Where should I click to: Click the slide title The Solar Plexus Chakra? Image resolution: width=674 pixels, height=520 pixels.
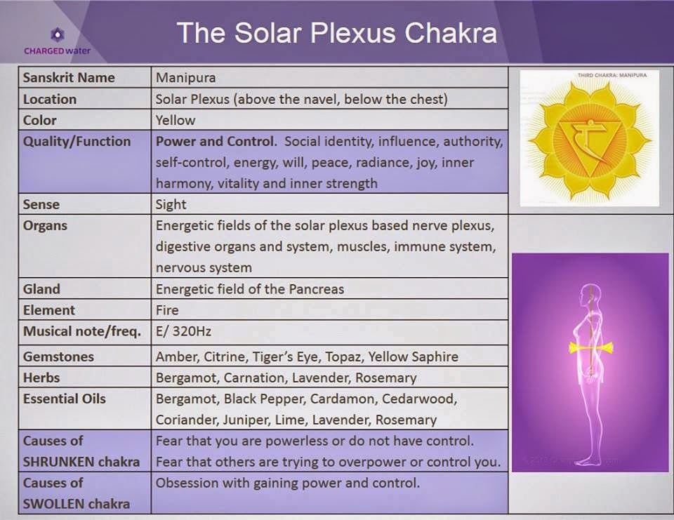[336, 33]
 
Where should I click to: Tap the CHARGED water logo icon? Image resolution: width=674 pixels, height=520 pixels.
[57, 35]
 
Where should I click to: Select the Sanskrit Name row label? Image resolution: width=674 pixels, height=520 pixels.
[69, 78]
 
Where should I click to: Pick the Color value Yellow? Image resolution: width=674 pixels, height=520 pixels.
[176, 120]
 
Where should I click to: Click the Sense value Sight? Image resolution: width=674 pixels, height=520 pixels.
[171, 204]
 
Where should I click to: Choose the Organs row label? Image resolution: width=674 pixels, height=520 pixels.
[45, 226]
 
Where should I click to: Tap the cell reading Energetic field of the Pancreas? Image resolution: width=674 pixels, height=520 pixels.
[249, 289]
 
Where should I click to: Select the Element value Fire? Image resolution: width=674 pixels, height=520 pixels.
[167, 310]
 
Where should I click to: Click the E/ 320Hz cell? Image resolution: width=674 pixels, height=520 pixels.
[183, 331]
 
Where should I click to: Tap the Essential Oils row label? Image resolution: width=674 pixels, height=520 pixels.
[65, 399]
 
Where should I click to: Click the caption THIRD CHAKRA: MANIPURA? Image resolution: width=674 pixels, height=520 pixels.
[612, 74]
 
